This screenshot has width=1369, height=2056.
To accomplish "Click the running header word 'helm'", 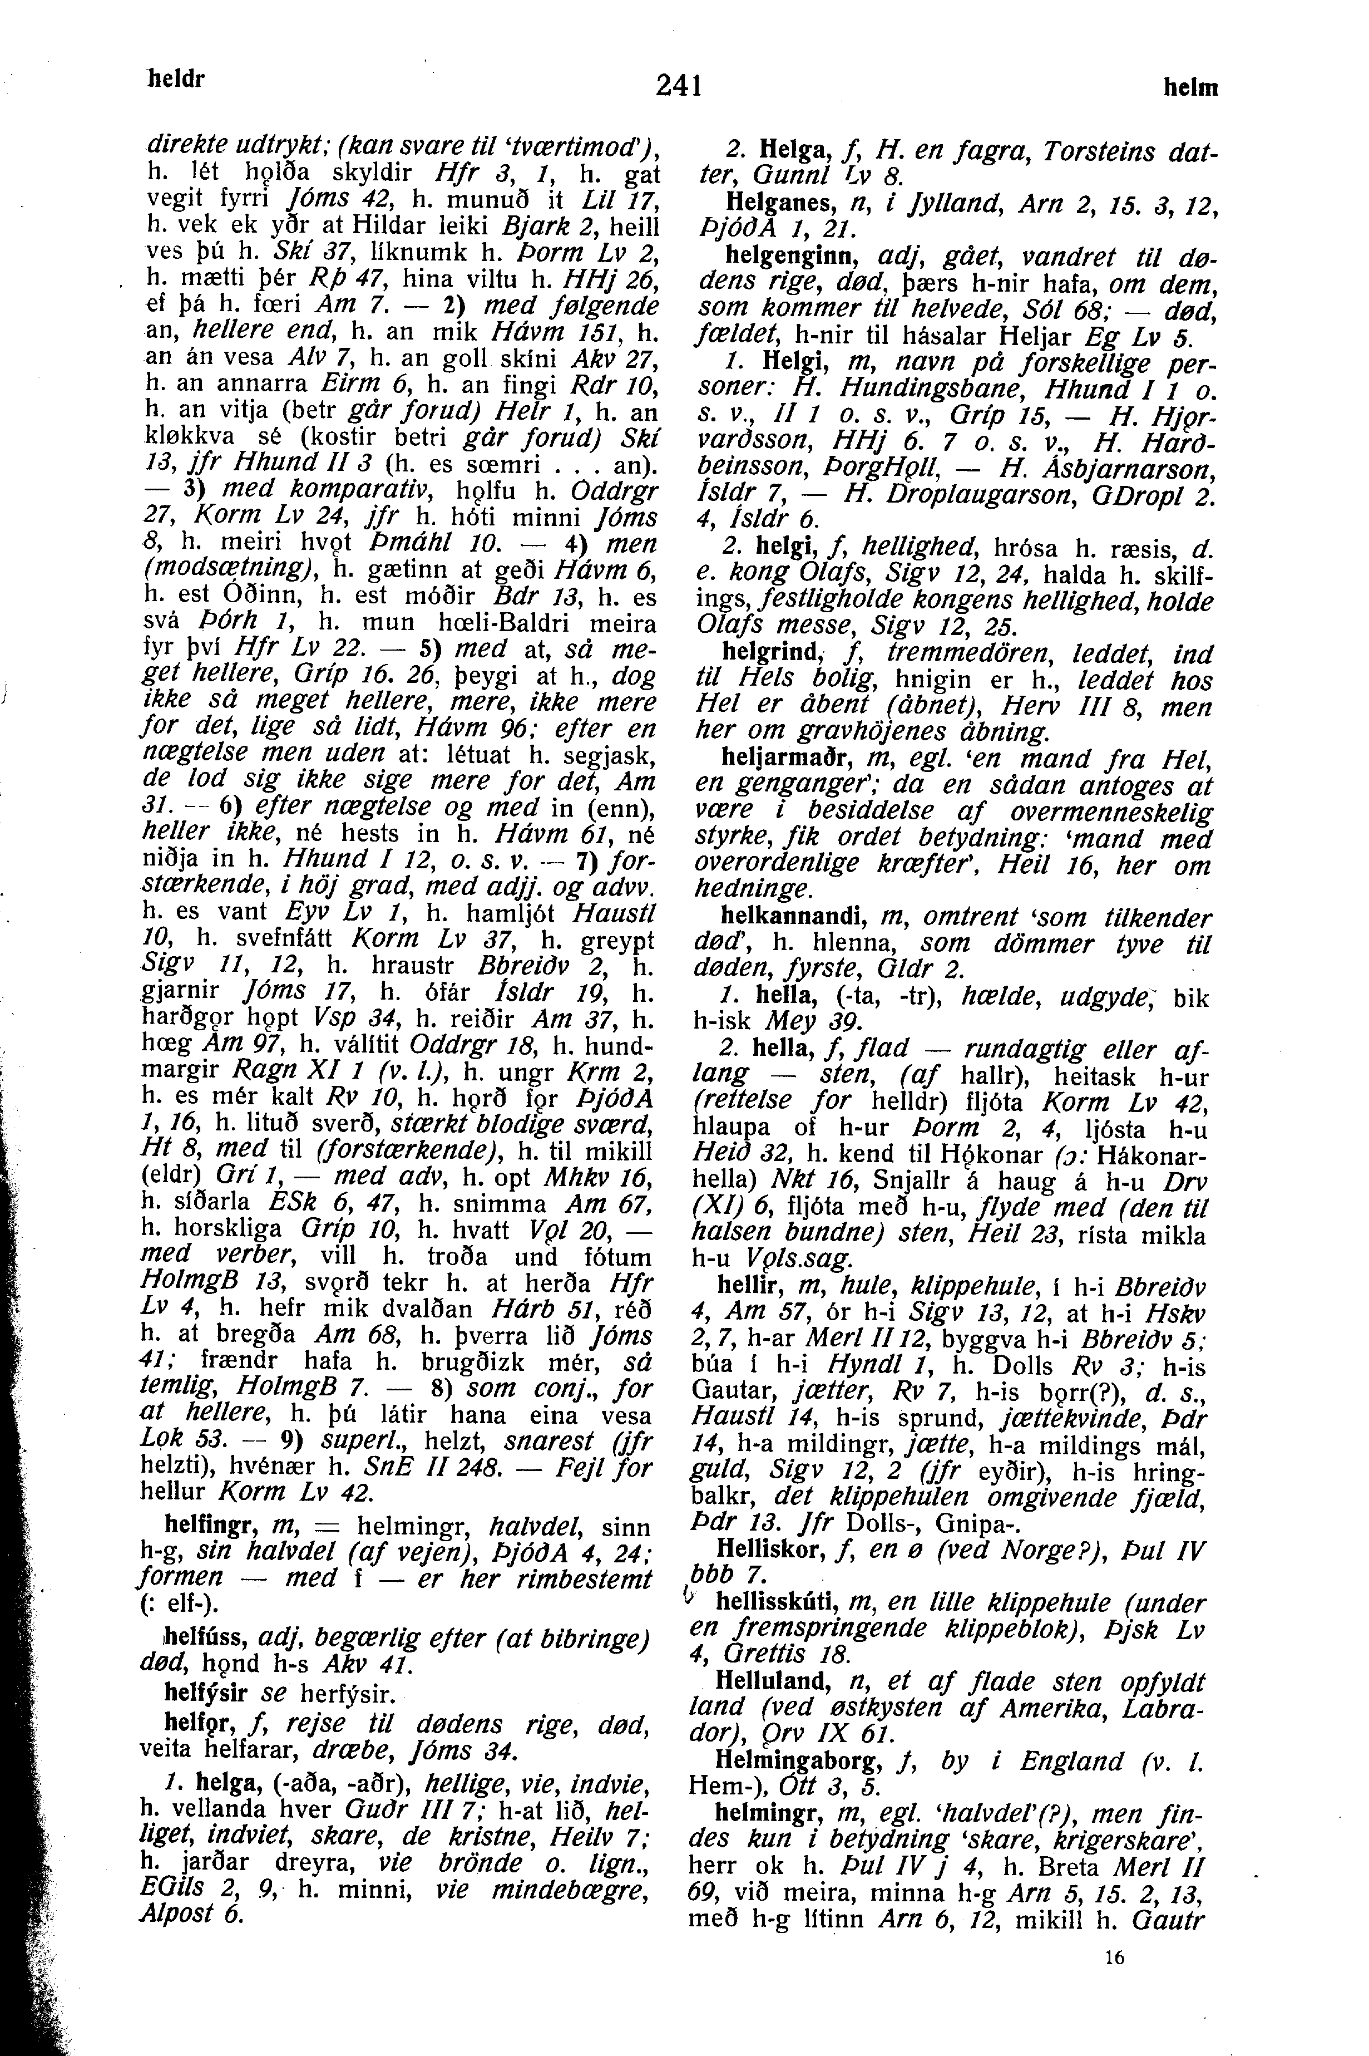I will (1190, 88).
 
